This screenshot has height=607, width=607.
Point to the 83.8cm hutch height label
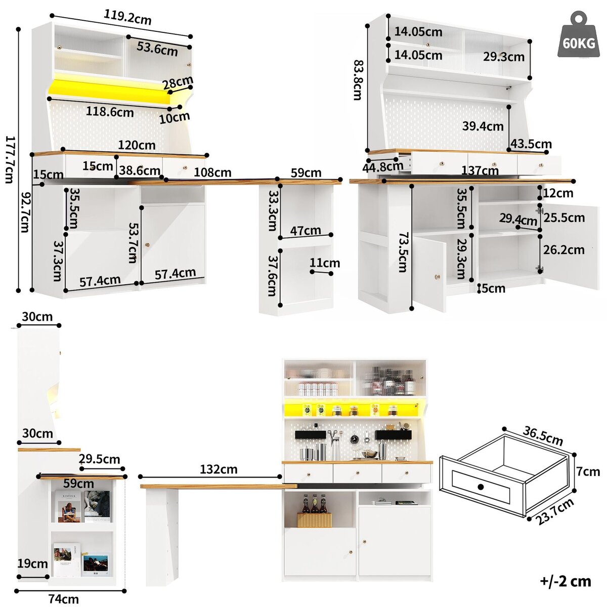[x=358, y=80]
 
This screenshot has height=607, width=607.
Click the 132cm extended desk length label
[x=219, y=469]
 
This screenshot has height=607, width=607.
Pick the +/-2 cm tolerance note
[x=565, y=581]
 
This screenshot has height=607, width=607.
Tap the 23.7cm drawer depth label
[x=555, y=512]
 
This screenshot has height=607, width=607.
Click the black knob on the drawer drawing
[x=481, y=487]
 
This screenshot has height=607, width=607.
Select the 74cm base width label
[x=63, y=599]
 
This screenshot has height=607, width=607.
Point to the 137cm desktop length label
[x=479, y=171]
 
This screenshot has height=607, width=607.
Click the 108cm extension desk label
[x=212, y=172]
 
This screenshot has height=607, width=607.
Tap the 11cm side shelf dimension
[x=325, y=263]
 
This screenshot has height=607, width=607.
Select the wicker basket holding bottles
[x=314, y=519]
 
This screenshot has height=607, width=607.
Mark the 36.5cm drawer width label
[x=543, y=436]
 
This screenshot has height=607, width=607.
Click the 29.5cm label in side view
[x=99, y=459]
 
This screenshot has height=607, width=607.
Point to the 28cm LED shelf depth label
[x=178, y=82]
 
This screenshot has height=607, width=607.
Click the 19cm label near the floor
[x=32, y=563]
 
